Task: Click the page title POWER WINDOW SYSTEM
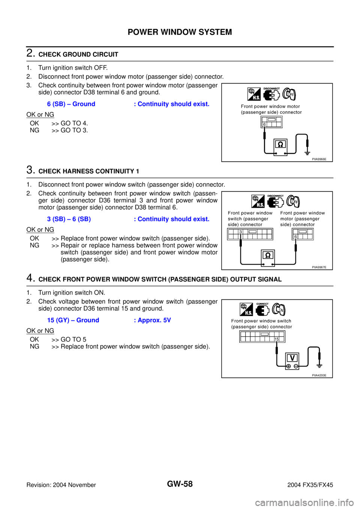(180, 32)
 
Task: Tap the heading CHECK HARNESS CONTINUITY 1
(88, 171)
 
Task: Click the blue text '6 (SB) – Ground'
(71, 104)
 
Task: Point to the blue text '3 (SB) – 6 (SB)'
(69, 219)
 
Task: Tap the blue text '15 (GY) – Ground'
(73, 320)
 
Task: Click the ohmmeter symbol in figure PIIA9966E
(280, 144)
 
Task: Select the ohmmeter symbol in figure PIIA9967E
(268, 255)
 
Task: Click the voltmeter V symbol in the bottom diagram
(292, 358)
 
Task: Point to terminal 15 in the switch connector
(276, 339)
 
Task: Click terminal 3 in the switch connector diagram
(240, 232)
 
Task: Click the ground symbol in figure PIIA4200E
(319, 366)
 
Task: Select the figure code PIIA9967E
(319, 267)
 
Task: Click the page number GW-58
(180, 484)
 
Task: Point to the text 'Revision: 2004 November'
(61, 485)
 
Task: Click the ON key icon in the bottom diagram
(279, 310)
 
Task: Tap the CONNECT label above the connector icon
(262, 304)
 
